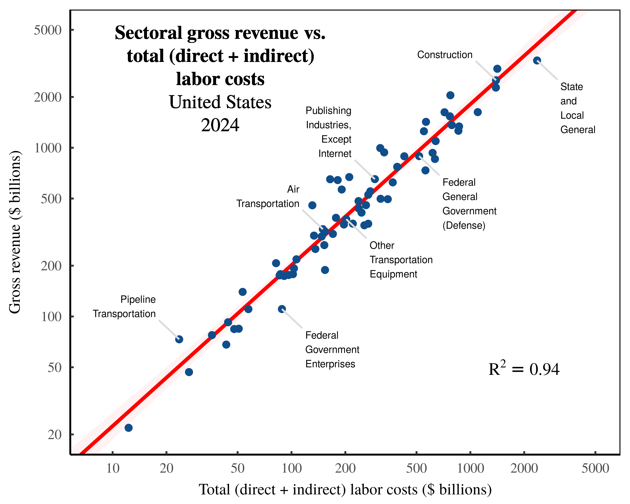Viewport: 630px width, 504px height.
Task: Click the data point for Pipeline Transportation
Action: pyautogui.click(x=179, y=339)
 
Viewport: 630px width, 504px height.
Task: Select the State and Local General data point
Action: pyautogui.click(x=537, y=60)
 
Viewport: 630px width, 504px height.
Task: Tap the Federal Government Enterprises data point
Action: pyautogui.click(x=282, y=309)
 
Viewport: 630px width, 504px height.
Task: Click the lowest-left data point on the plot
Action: pyautogui.click(x=129, y=428)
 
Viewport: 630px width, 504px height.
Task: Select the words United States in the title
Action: pyautogui.click(x=220, y=102)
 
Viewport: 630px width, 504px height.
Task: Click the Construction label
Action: pyautogui.click(x=444, y=55)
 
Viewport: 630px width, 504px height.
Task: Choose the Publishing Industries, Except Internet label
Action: pyautogui.click(x=329, y=132)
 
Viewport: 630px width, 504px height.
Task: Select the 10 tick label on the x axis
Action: pyautogui.click(x=113, y=468)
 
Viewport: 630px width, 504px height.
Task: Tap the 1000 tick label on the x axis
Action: pyautogui.click(x=470, y=468)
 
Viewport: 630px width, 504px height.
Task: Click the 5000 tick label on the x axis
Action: pyautogui.click(x=595, y=468)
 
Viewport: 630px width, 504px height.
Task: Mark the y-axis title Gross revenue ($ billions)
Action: pyautogui.click(x=15, y=232)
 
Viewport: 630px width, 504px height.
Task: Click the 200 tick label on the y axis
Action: pyautogui.click(x=51, y=266)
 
